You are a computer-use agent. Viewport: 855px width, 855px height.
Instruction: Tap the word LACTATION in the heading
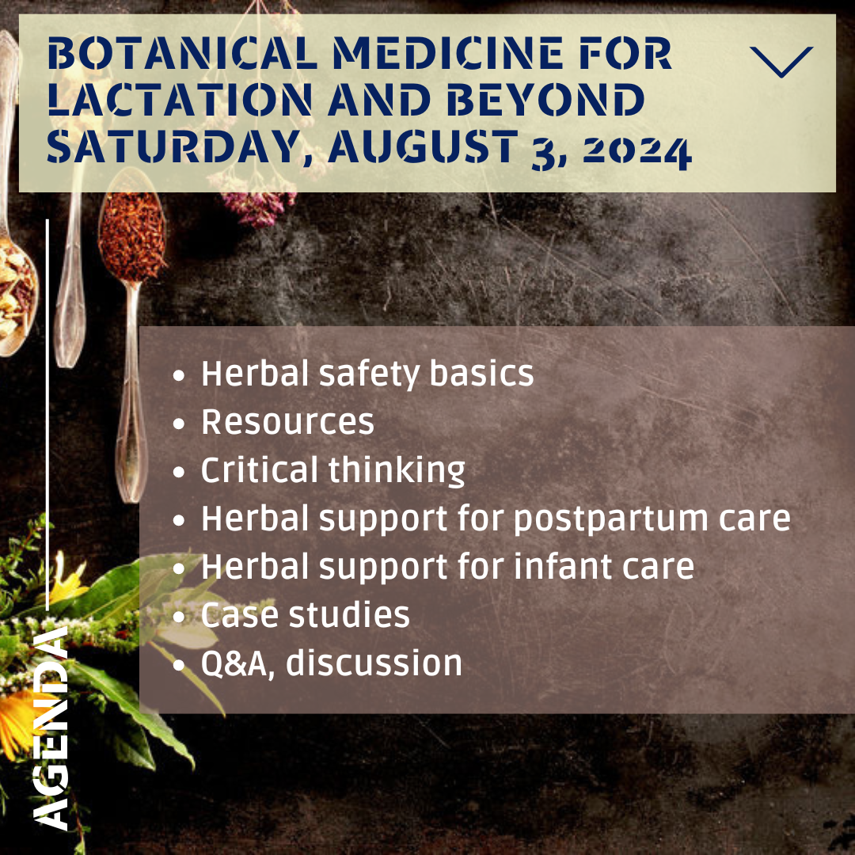coord(180,100)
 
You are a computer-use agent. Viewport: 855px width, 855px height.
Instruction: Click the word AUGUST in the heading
coord(423,146)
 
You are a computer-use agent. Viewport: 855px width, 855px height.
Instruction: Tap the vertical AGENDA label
coord(50,728)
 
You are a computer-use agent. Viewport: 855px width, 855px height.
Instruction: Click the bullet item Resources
coord(287,421)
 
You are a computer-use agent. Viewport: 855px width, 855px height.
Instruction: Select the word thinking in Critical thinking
coord(397,469)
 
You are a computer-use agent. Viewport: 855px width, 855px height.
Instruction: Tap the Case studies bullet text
coord(305,614)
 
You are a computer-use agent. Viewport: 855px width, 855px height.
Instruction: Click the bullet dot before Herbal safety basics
coord(178,376)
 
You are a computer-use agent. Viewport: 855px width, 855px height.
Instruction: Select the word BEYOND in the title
coord(545,100)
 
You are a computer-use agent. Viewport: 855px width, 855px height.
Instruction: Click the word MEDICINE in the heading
coord(447,53)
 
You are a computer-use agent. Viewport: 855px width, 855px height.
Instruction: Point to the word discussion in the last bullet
coord(374,663)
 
